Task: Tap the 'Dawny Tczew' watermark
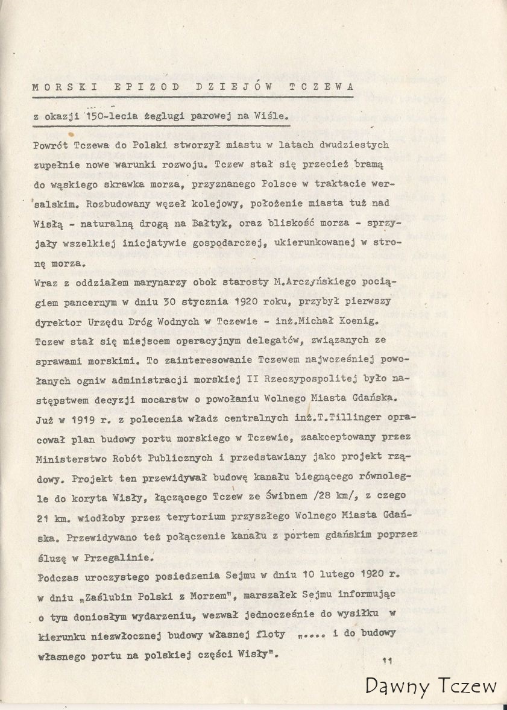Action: click(x=431, y=685)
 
